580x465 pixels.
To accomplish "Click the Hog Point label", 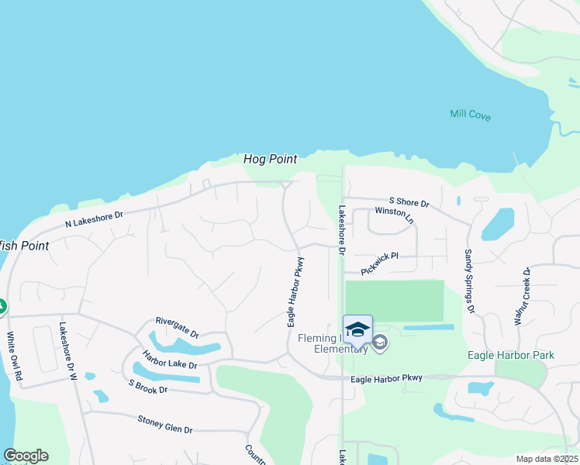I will tap(270, 159).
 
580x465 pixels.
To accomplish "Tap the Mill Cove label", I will tap(470, 115).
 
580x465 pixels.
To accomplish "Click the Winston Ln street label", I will tap(395, 215).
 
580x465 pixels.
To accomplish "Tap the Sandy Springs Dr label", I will tap(469, 281).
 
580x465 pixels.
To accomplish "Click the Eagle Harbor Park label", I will tap(511, 355).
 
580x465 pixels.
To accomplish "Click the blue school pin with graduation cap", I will tap(357, 330).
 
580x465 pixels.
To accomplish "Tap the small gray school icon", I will tap(379, 343).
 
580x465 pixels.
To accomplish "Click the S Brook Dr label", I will tap(148, 385).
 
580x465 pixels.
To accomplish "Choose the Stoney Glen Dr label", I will tap(164, 424).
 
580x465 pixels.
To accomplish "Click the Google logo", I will tap(26, 456).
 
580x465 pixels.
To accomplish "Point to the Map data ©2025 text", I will tap(547, 459).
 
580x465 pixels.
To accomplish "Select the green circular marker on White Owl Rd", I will tap(2, 308).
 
